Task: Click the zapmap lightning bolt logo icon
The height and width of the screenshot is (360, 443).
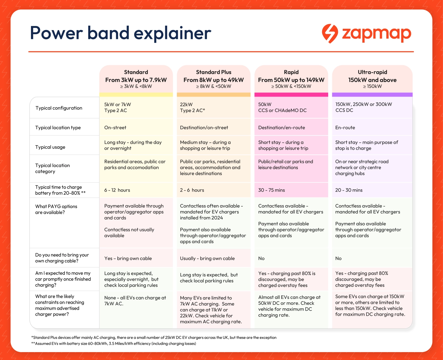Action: click(x=330, y=33)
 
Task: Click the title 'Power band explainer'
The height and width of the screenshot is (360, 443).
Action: click(x=121, y=33)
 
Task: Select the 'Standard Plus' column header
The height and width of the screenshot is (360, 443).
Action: click(x=214, y=72)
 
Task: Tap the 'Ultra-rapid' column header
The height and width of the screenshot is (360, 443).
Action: click(x=372, y=72)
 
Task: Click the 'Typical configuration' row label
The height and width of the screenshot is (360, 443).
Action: click(x=59, y=108)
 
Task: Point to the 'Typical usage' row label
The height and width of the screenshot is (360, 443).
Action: click(x=50, y=147)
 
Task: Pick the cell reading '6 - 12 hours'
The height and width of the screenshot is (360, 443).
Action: click(x=117, y=190)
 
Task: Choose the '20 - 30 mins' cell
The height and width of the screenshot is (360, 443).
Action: click(x=349, y=190)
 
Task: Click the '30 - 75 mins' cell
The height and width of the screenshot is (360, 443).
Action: click(x=271, y=190)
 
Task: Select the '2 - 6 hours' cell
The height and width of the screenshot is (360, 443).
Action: click(x=192, y=190)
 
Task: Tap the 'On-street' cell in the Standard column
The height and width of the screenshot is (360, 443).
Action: click(x=115, y=128)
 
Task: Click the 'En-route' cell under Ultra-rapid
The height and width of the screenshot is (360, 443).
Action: click(x=345, y=128)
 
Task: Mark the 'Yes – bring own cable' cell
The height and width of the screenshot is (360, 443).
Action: click(x=128, y=258)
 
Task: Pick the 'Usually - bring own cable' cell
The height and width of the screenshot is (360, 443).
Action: click(x=207, y=258)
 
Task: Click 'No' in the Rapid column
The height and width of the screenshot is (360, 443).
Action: click(x=261, y=258)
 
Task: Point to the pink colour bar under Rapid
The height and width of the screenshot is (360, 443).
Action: click(x=291, y=95)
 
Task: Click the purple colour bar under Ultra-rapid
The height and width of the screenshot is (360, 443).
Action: click(x=372, y=95)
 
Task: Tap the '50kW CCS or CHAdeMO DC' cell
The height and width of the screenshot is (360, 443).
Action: click(x=282, y=107)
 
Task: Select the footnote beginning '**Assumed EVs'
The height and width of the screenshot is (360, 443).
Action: click(x=114, y=344)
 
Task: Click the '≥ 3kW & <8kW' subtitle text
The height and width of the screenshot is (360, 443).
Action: click(x=136, y=86)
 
